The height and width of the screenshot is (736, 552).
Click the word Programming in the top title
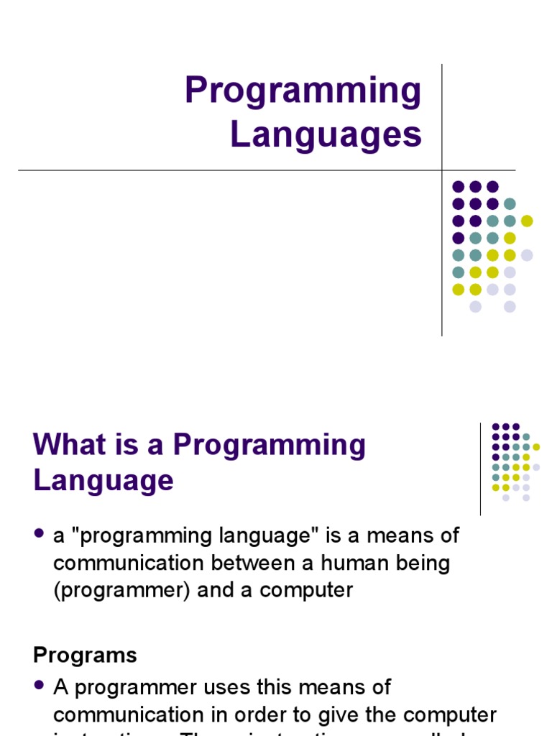tap(303, 92)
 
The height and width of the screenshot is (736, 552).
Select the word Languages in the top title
tap(326, 134)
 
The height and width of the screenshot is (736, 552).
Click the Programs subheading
tap(85, 655)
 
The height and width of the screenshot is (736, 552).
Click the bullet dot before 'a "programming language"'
tap(40, 535)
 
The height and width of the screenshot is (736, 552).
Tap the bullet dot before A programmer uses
tap(40, 686)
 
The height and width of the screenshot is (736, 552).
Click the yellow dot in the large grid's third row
tap(527, 221)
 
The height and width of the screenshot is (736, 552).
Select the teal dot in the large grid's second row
tap(510, 203)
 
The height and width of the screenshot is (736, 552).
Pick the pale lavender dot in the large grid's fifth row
tap(527, 255)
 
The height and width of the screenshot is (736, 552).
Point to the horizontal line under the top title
tap(216, 170)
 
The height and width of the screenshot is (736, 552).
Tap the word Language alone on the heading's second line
tap(103, 480)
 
